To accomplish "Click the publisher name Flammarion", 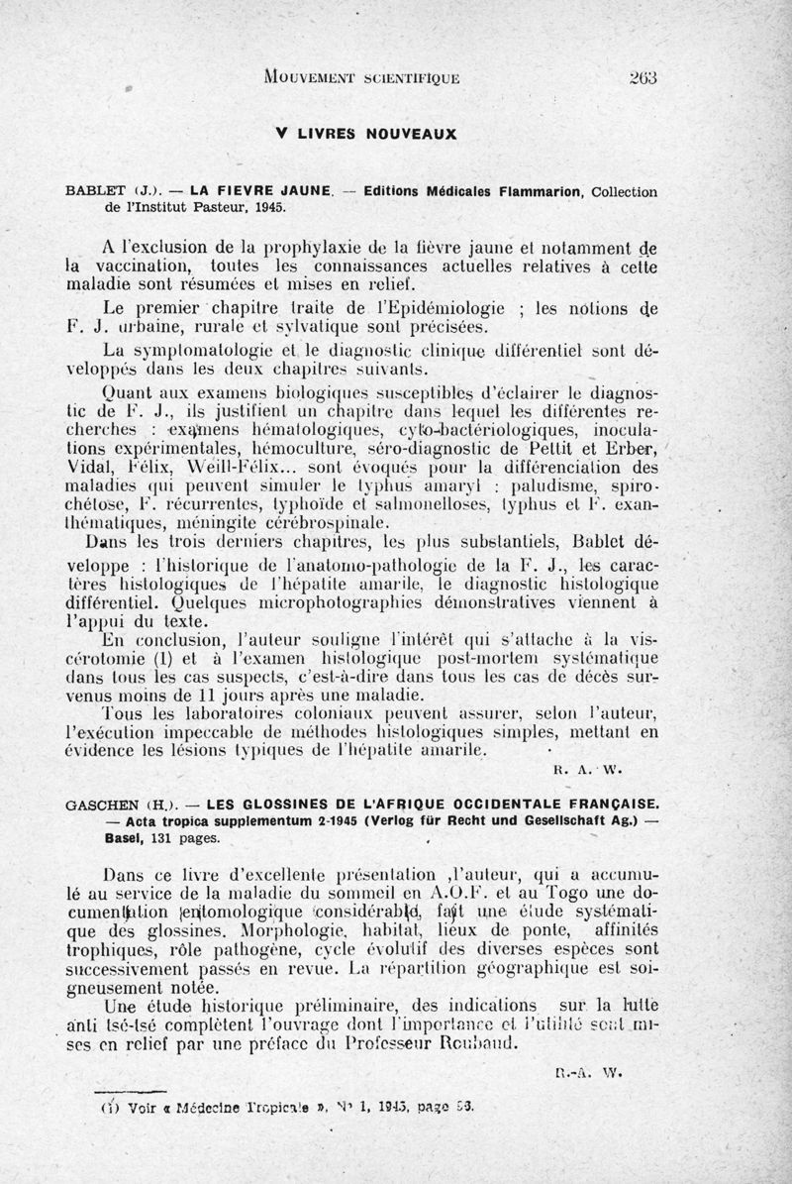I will point(543,192).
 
